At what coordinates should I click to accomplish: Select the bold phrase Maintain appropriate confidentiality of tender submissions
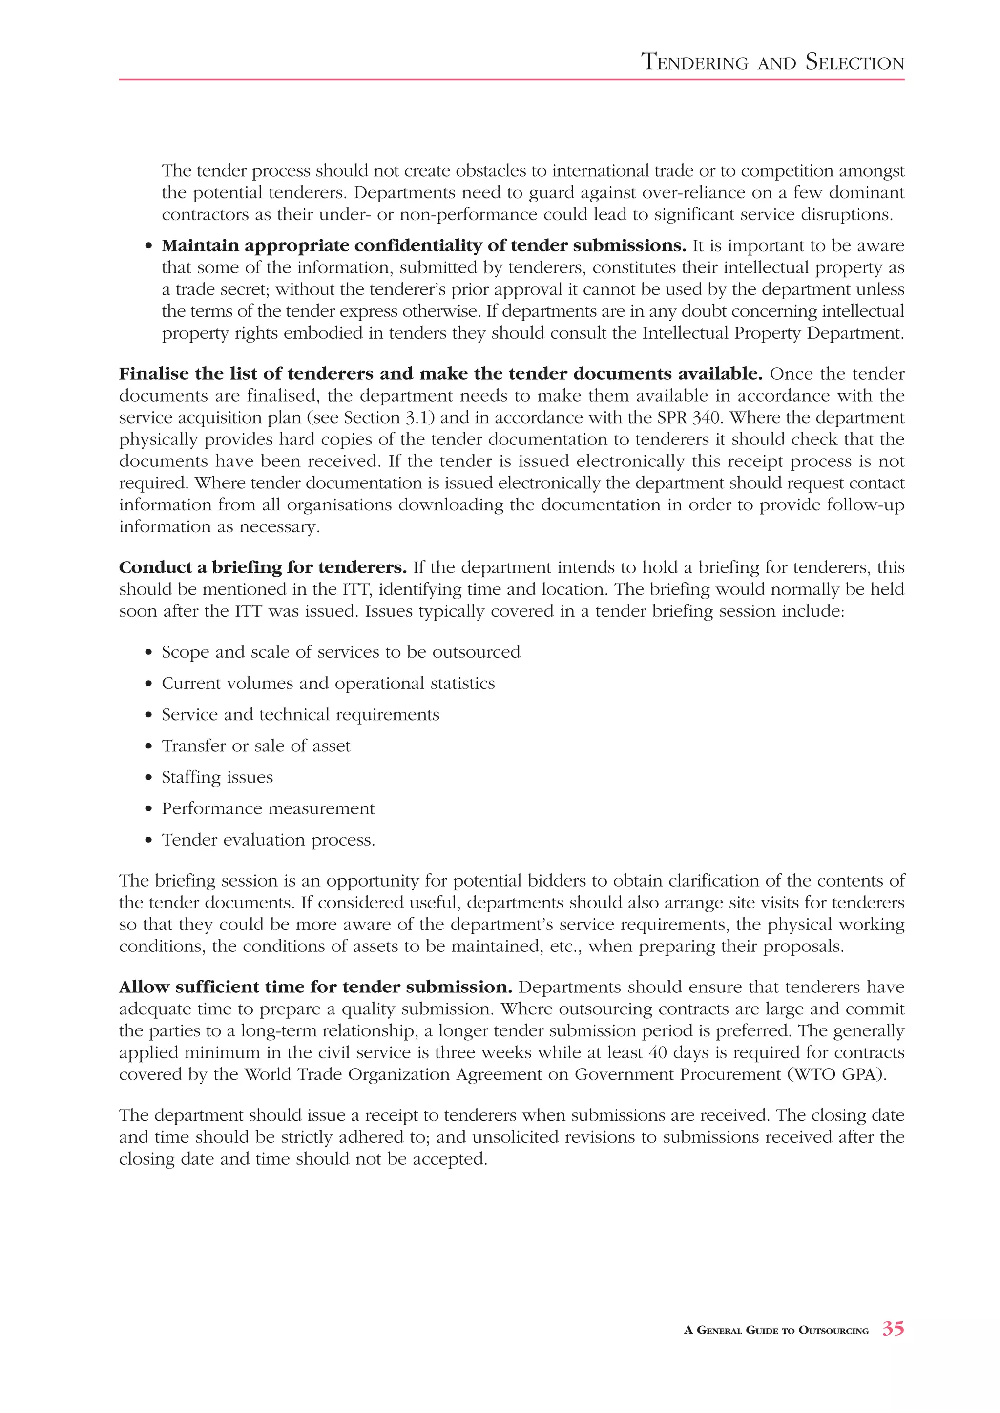[x=424, y=246]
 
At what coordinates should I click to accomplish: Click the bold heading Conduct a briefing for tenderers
[x=262, y=567]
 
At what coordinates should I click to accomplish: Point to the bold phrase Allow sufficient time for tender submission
[x=315, y=987]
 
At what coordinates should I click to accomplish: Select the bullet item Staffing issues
[x=217, y=777]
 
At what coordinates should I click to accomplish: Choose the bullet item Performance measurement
[x=268, y=808]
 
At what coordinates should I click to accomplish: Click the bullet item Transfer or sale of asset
[x=255, y=746]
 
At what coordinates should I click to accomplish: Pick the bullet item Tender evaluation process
[x=268, y=840]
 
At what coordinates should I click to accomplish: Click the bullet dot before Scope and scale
[x=148, y=653]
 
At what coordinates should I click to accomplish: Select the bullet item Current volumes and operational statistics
[x=328, y=684]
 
